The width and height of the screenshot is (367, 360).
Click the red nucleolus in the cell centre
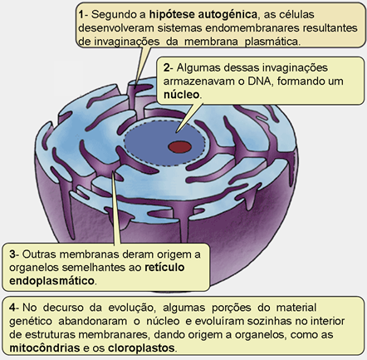coord(180,146)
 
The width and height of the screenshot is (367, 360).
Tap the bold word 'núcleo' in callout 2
coord(181,95)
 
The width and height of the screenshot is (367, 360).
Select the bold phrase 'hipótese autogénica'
coord(203,14)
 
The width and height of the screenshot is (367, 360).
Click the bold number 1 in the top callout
coord(81,14)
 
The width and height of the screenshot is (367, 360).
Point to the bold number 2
coord(166,68)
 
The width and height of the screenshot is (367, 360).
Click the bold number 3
coord(12,254)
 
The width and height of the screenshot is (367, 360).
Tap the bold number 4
coord(12,308)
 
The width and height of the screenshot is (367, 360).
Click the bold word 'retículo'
coord(164,268)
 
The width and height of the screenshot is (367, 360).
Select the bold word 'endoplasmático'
coord(52,281)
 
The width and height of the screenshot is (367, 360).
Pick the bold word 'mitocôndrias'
coord(45,348)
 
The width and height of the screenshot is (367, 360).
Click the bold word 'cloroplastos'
coord(141,348)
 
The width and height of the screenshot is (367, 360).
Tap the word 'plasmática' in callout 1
coord(272,42)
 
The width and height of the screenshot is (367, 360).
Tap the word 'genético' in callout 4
coord(31,322)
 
